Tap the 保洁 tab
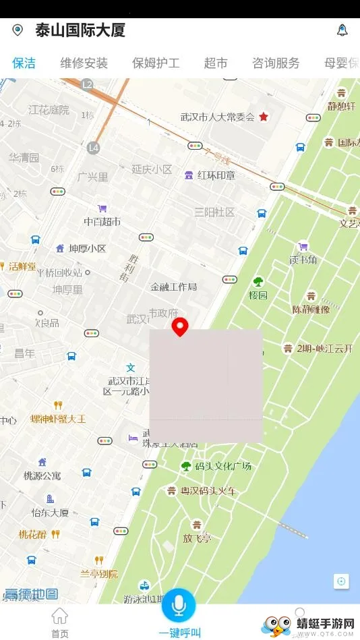tap(24, 63)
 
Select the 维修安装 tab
tap(84, 63)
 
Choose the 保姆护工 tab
tap(156, 63)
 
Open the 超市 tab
tap(216, 63)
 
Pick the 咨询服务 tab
tap(276, 63)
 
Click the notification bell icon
tap(342, 30)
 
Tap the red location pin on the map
tap(180, 327)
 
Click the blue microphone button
tap(179, 605)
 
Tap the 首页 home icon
tap(60, 616)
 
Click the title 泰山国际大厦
tap(80, 30)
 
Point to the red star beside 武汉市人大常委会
tap(264, 117)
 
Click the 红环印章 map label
tap(216, 175)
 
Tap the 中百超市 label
tap(102, 221)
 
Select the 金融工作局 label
tap(173, 287)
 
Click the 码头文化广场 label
tap(223, 466)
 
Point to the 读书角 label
tap(303, 259)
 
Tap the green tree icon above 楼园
tap(258, 282)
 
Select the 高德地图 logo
tap(31, 594)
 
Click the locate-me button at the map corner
tap(341, 581)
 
